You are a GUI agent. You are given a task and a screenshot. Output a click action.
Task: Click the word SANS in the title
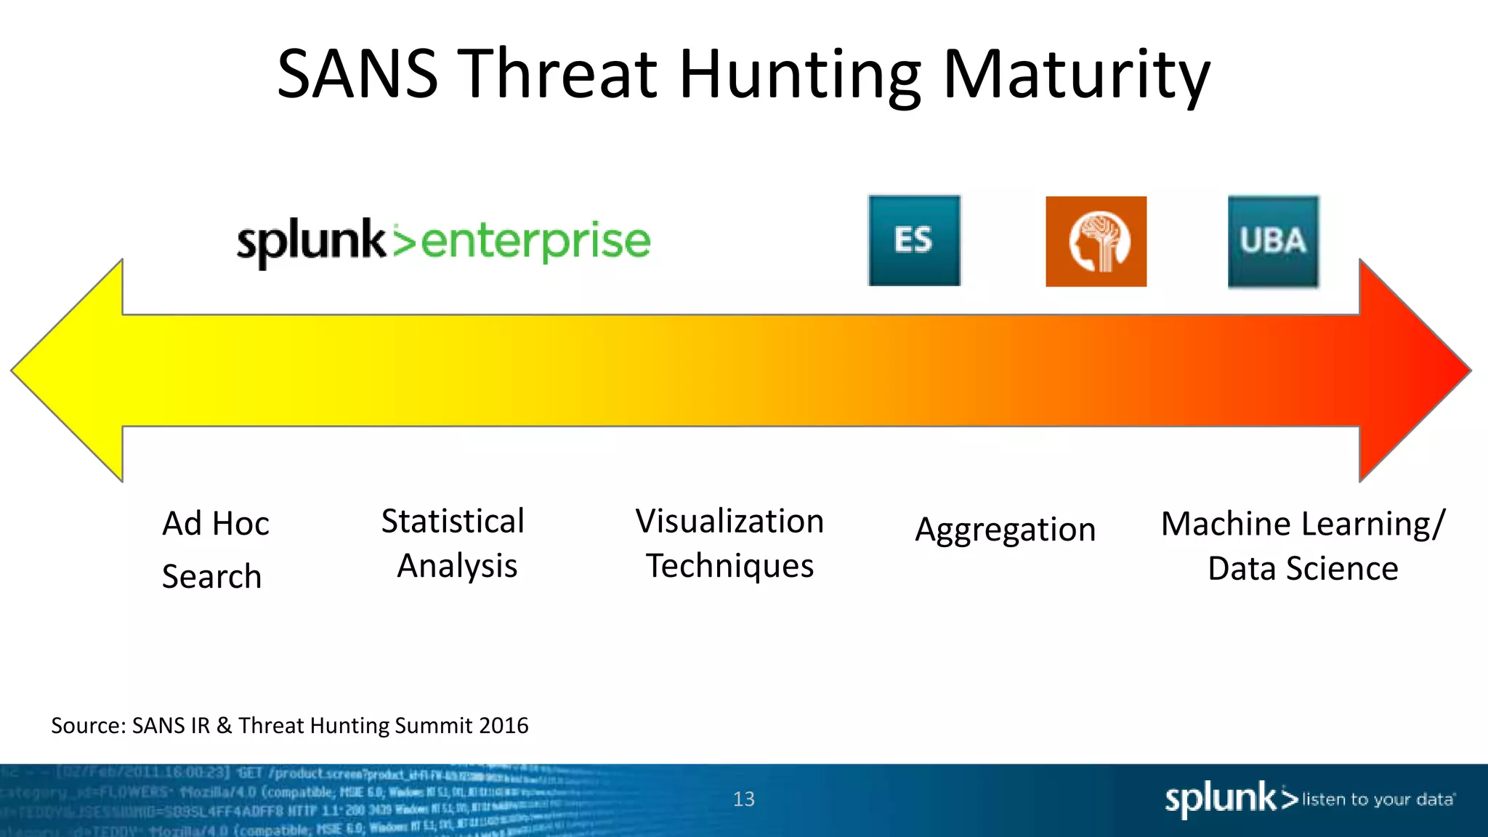pos(357,74)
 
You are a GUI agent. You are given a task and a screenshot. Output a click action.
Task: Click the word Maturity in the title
pos(1076,76)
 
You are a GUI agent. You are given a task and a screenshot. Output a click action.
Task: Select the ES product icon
pos(914,240)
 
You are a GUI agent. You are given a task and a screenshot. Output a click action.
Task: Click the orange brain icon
pos(1096,241)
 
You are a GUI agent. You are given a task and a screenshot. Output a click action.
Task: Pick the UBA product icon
pos(1273,241)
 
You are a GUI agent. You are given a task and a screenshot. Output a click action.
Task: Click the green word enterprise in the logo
pos(535,241)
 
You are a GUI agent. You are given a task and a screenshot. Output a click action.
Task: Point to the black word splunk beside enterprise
pos(311,241)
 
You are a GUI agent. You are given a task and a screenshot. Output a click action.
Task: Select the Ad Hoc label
pos(216,524)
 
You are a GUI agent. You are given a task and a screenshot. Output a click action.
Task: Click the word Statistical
pos(453,522)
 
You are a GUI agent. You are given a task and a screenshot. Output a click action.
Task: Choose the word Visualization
pos(729,522)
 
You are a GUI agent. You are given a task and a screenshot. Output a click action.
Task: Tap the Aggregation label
pos(1005,530)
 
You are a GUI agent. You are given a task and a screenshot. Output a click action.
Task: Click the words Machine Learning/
pos(1303,524)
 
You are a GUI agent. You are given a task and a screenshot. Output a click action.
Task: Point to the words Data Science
pos(1303,568)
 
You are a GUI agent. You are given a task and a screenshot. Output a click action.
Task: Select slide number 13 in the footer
pos(743,799)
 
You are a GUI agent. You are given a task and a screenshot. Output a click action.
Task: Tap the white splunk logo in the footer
pos(1221,798)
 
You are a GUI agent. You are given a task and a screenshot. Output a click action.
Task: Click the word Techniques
pos(729,566)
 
